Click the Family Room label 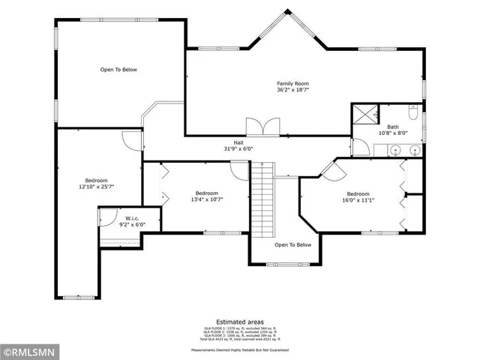click(292, 83)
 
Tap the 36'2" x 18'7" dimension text click(292, 89)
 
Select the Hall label click(238, 142)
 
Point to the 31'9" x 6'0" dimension click(238, 148)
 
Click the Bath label click(393, 127)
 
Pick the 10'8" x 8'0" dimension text click(393, 133)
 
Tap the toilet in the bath click(412, 112)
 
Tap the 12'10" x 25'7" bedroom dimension click(96, 187)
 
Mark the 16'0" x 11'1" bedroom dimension click(358, 199)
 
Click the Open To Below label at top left click(119, 70)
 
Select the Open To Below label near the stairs click(292, 244)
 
